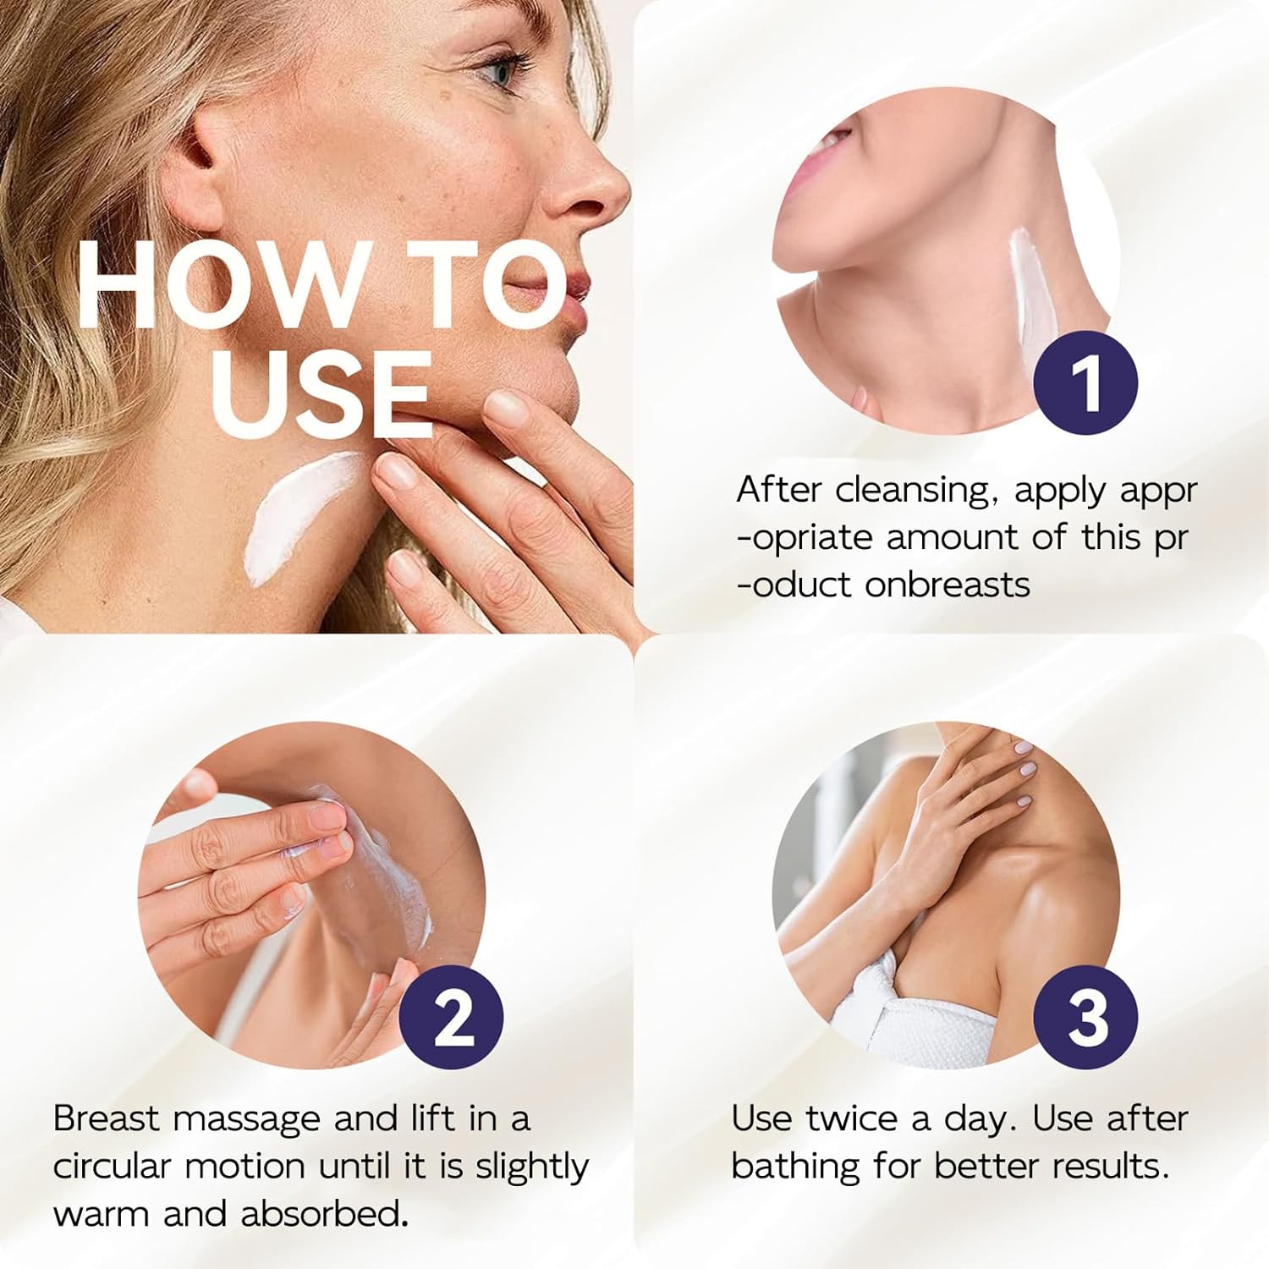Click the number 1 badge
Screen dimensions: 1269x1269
pos(1086,382)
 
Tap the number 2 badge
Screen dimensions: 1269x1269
pos(452,1017)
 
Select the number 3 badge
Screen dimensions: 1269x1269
pos(1086,1017)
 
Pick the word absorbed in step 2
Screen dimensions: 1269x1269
pos(320,1214)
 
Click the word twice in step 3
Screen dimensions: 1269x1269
pos(851,1118)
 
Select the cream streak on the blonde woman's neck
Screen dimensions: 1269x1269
pos(296,516)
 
